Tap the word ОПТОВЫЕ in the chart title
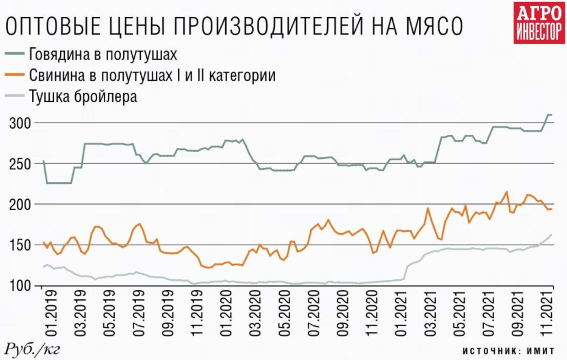[x=49, y=27]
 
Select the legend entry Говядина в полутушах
[x=103, y=55]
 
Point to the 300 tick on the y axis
[x=21, y=123]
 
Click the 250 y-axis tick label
[x=21, y=164]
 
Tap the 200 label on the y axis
[x=21, y=205]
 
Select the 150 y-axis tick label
[x=21, y=245]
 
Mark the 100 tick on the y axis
[x=21, y=285]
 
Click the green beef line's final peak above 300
[x=549, y=115]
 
